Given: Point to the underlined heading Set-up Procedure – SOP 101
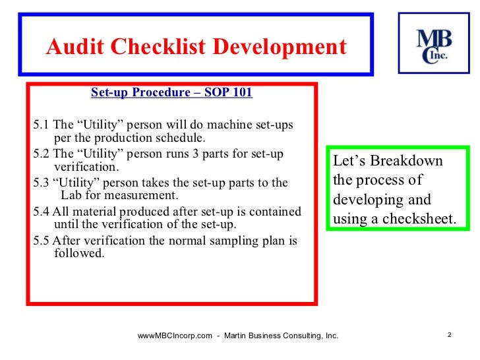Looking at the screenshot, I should click(x=171, y=92).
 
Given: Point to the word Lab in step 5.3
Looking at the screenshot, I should click(x=71, y=196).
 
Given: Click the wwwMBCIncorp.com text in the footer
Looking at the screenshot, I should click(x=175, y=336).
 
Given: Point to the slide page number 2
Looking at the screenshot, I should click(x=448, y=335).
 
